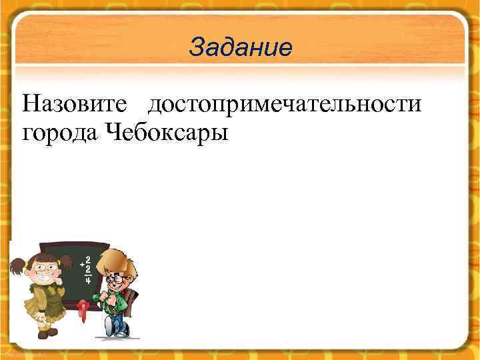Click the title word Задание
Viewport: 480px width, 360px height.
pos(240,47)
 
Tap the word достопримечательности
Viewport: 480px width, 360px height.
pos(285,105)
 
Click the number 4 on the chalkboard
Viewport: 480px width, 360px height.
pos(87,281)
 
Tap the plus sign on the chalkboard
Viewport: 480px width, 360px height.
pos(82,265)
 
